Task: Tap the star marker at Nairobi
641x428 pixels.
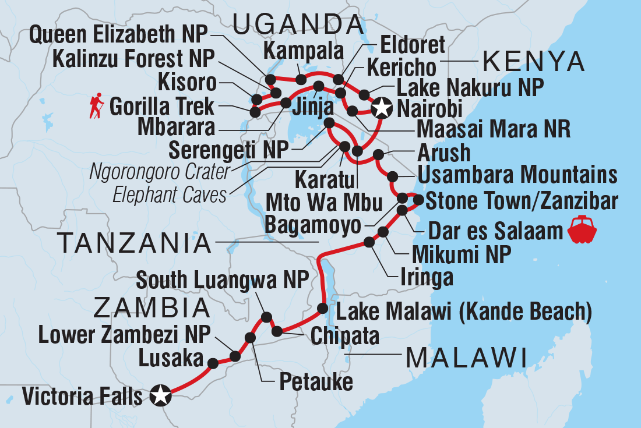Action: [x=382, y=108]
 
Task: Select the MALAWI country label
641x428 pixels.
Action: [x=466, y=356]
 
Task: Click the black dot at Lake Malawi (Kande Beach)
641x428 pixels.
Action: [x=322, y=307]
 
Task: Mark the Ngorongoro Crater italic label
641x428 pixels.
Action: [x=159, y=173]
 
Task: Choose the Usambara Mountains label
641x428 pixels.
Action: [x=516, y=174]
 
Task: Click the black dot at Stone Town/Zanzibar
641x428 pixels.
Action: [x=418, y=200]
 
